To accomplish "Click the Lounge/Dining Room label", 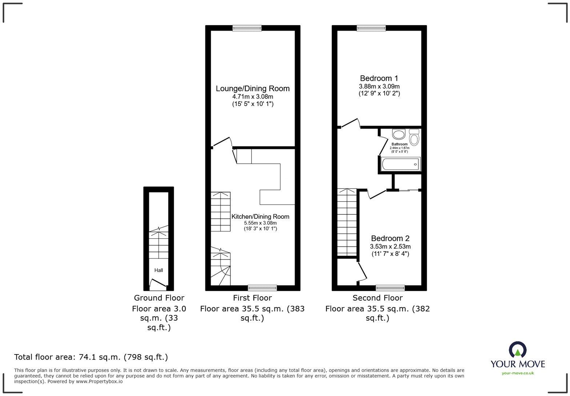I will point(253,88).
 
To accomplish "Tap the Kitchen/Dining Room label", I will point(260,217).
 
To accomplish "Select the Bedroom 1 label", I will point(379,78).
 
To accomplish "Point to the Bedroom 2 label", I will point(390,238).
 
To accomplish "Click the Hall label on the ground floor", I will point(158,270).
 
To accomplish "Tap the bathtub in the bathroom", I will point(400,164).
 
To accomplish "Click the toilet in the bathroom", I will point(414,138).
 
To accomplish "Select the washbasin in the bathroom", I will point(399,134).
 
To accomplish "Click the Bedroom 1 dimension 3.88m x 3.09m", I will point(379,87).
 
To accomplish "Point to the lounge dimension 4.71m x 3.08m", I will point(253,97).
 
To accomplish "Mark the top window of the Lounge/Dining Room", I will point(247,28).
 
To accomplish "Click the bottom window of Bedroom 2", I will point(390,288).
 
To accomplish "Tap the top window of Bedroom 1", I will point(371,28).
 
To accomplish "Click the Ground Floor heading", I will point(159,298).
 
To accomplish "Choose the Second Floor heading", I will point(377,298).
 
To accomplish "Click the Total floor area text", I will point(91,357).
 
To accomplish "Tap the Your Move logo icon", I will point(517,350).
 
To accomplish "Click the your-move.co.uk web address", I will point(518,373).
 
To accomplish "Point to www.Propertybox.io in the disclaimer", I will point(99,381).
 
